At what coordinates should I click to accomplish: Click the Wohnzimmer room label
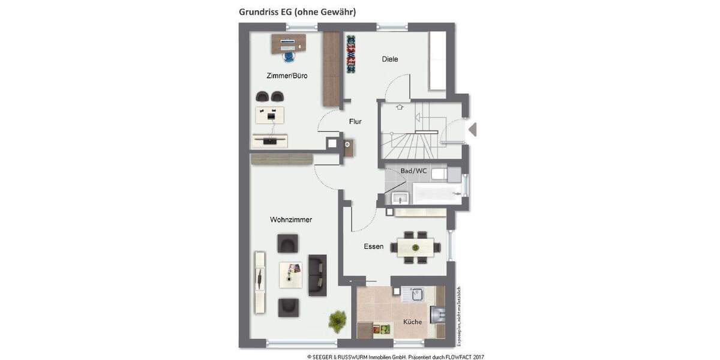[x=291, y=220]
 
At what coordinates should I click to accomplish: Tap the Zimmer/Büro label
[x=287, y=76]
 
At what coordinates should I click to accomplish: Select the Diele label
[x=390, y=59]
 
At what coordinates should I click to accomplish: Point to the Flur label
[x=356, y=121]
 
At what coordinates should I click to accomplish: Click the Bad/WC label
[x=413, y=171]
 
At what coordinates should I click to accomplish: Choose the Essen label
[x=373, y=247]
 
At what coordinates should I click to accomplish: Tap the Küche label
[x=412, y=322]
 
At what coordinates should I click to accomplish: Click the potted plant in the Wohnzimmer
[x=337, y=318]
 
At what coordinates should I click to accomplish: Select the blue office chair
[x=289, y=56]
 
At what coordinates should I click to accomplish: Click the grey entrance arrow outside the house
[x=472, y=129]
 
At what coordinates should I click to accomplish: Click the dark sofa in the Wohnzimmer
[x=317, y=275]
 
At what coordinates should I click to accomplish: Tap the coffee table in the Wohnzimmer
[x=291, y=275]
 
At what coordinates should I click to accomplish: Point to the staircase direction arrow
[x=400, y=108]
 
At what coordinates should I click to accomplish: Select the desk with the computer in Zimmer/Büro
[x=289, y=43]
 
